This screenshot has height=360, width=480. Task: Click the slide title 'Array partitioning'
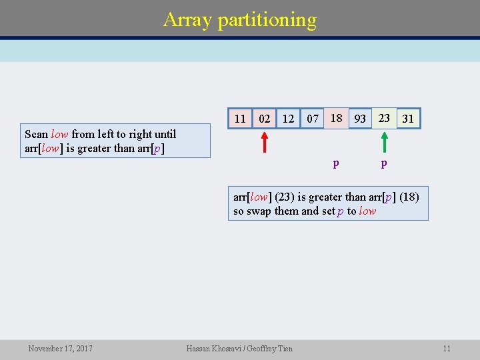tap(240, 19)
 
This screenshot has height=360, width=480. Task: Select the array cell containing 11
tap(240, 119)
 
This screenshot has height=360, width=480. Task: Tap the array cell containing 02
tap(265, 119)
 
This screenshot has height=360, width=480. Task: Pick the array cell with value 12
tap(288, 119)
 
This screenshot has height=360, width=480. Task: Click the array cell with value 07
tap(312, 119)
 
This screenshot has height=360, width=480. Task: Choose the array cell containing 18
tap(337, 118)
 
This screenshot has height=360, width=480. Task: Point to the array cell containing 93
tap(360, 119)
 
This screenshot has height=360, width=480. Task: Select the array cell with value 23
tap(384, 118)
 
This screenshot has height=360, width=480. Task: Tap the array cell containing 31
tap(408, 119)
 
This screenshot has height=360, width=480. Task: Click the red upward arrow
tap(265, 142)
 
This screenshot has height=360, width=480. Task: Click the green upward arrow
tap(384, 142)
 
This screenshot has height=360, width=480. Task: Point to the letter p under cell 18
tap(336, 163)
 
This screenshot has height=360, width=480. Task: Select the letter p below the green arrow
tap(384, 163)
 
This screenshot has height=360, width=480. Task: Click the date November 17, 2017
tap(60, 348)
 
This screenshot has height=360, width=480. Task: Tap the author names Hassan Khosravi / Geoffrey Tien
tap(239, 348)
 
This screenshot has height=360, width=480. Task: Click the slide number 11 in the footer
tap(447, 348)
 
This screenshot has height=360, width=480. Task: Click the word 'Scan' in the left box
tap(36, 134)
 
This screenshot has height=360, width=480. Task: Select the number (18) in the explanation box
tap(409, 197)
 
